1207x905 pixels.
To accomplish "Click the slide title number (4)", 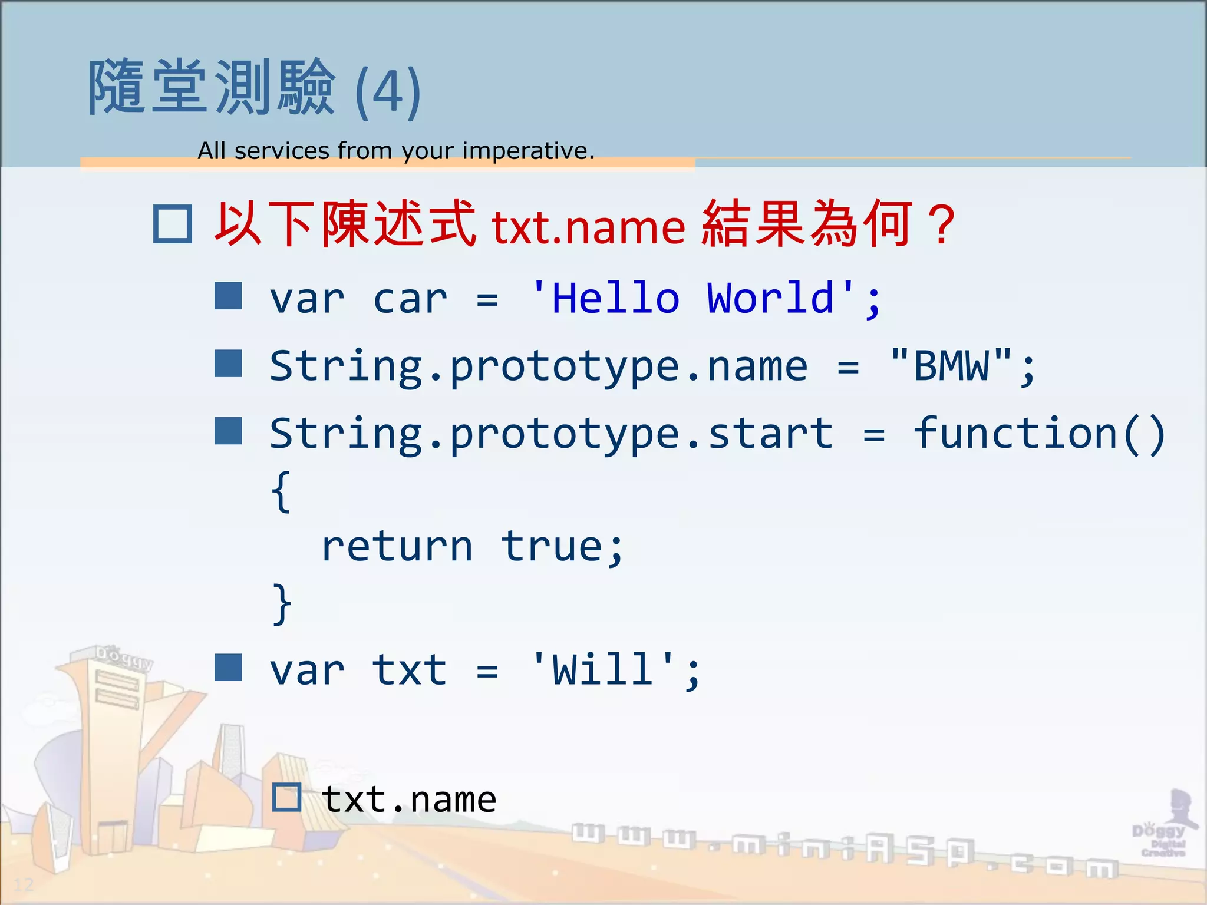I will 388,91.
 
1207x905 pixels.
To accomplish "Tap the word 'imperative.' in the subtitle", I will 528,151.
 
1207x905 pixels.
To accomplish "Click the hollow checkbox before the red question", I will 172,224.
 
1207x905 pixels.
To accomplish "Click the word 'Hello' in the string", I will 616,298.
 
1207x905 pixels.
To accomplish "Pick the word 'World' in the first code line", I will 771,298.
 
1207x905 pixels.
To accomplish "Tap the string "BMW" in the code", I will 951,366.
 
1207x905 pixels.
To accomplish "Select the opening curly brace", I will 281,491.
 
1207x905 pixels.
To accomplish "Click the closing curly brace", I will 281,603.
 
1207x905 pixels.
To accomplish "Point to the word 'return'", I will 397,547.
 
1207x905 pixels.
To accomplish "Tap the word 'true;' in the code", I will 562,547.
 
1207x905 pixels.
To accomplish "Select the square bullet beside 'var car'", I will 228,296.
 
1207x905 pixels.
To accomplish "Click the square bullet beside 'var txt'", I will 228,668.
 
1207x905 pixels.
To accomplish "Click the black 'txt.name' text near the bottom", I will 409,800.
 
